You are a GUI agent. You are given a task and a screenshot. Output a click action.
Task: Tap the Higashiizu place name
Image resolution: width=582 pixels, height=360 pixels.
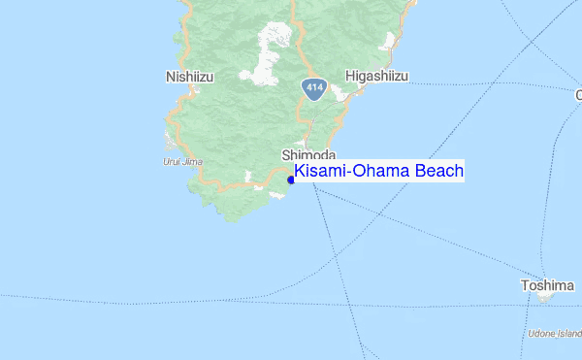click(376, 76)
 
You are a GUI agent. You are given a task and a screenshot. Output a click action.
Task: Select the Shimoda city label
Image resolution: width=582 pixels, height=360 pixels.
click(308, 155)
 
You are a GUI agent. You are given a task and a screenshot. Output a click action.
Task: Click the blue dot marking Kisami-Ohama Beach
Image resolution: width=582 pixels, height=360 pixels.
click(291, 180)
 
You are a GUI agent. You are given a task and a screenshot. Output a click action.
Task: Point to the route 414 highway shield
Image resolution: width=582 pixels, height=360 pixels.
click(312, 88)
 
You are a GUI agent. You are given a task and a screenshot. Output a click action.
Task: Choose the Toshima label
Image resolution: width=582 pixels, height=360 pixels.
click(547, 285)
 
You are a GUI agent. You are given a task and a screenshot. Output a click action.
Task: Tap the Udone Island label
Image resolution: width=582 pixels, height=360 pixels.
click(555, 334)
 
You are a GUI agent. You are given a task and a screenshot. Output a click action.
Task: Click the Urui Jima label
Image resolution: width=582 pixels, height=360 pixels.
click(184, 162)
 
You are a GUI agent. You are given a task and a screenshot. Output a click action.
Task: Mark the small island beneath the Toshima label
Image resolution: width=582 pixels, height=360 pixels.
click(546, 298)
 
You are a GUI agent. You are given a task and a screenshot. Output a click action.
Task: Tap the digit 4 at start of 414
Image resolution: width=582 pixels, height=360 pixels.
click(307, 88)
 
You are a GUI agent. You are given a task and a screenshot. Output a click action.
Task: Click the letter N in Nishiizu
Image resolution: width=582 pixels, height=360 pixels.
click(171, 76)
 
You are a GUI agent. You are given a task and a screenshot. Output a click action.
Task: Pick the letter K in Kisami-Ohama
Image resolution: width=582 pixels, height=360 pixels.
click(300, 172)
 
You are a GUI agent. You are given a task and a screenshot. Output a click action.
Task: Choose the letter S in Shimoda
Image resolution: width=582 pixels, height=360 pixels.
click(286, 155)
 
